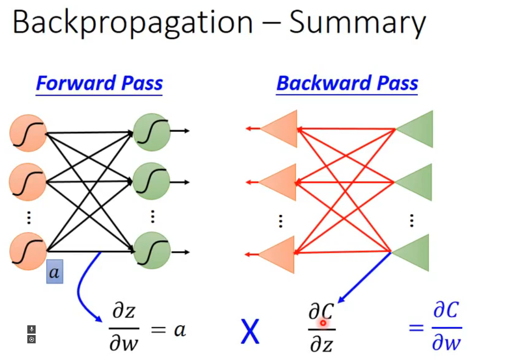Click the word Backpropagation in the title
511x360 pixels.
132,23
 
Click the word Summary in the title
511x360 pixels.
357,23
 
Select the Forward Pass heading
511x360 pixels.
100,84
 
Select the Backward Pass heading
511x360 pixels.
347,84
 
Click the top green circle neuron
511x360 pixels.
151,132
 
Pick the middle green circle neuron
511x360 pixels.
151,181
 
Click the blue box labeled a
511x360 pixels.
55,273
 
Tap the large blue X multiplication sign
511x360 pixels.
250,332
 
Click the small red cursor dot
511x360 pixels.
323,323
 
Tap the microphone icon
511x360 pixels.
31,329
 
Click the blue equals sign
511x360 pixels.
416,328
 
